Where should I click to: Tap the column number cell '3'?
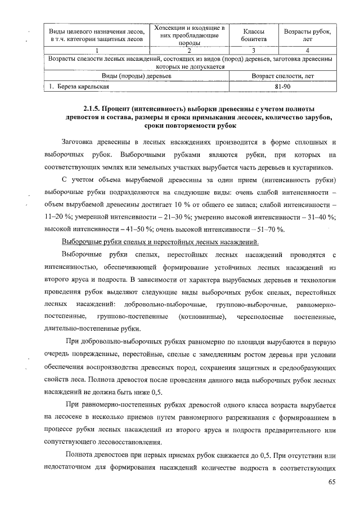click(251, 51)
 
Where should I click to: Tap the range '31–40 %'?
click(318, 217)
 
